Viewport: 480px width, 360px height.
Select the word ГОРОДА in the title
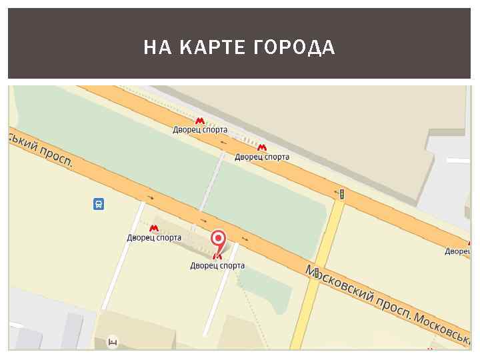(295, 48)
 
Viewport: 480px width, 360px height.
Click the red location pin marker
(218, 240)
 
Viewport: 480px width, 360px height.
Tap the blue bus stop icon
(99, 204)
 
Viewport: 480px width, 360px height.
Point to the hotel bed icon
(113, 343)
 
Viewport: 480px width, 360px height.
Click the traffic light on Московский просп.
(317, 273)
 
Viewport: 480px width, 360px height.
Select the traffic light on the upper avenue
(341, 194)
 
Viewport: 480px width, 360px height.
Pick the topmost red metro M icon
(200, 121)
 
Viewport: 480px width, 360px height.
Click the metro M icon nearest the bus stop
(154, 228)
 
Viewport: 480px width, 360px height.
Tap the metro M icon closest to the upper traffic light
(262, 148)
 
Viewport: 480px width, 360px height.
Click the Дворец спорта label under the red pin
(217, 265)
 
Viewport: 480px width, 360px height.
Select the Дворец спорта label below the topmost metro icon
(200, 130)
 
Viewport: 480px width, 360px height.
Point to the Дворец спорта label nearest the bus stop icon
(154, 237)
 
